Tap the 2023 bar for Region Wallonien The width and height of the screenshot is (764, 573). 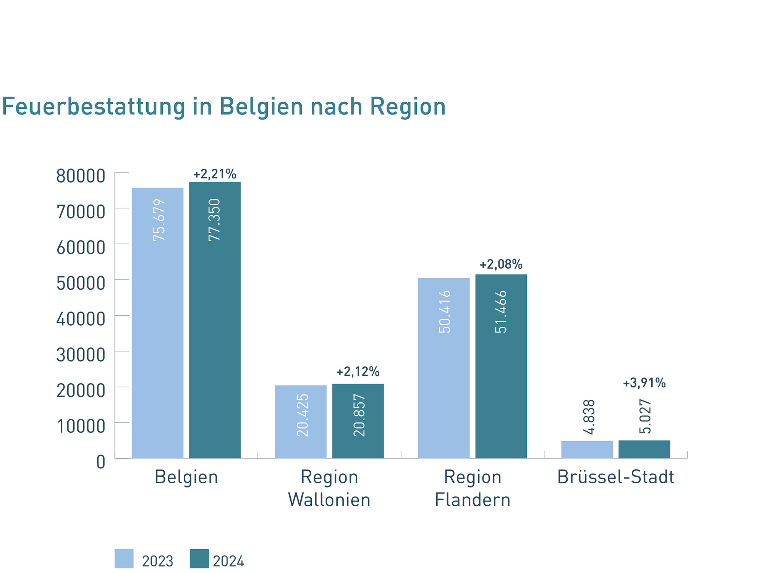[x=301, y=421]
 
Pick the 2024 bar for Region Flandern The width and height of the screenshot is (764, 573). [x=501, y=366]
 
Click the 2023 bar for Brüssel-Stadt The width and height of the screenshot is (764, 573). [x=587, y=449]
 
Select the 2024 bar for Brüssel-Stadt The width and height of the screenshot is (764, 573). [x=644, y=449]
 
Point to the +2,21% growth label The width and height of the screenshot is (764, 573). [x=215, y=174]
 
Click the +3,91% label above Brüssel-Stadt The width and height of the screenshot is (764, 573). [x=644, y=383]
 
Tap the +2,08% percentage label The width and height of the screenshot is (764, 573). [x=501, y=264]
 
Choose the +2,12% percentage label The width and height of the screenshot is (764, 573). [x=358, y=371]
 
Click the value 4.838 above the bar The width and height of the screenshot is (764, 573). [x=589, y=417]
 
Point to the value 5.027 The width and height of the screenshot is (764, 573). [x=645, y=416]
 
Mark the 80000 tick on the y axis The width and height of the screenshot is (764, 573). [x=81, y=176]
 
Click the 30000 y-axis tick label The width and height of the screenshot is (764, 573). [x=81, y=355]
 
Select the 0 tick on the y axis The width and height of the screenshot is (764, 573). [x=100, y=462]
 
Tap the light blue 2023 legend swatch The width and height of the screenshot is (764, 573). [x=124, y=558]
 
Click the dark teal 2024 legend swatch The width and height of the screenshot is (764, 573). [x=199, y=558]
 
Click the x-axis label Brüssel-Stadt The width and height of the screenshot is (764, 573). [x=615, y=477]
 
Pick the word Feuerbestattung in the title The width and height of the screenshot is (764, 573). [x=94, y=107]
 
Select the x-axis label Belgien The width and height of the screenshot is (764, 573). [x=186, y=477]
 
